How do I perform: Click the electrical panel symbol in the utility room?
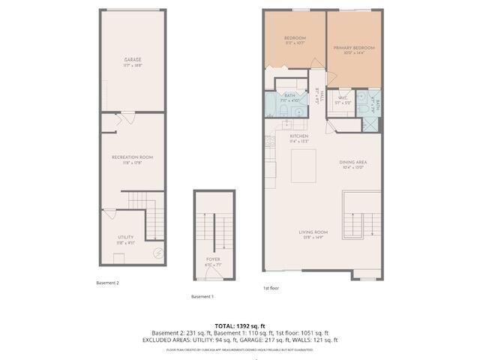158,253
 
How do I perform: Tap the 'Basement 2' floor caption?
107,283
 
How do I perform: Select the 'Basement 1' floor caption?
202,296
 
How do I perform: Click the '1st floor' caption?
271,288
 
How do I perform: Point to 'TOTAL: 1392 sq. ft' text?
239,325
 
